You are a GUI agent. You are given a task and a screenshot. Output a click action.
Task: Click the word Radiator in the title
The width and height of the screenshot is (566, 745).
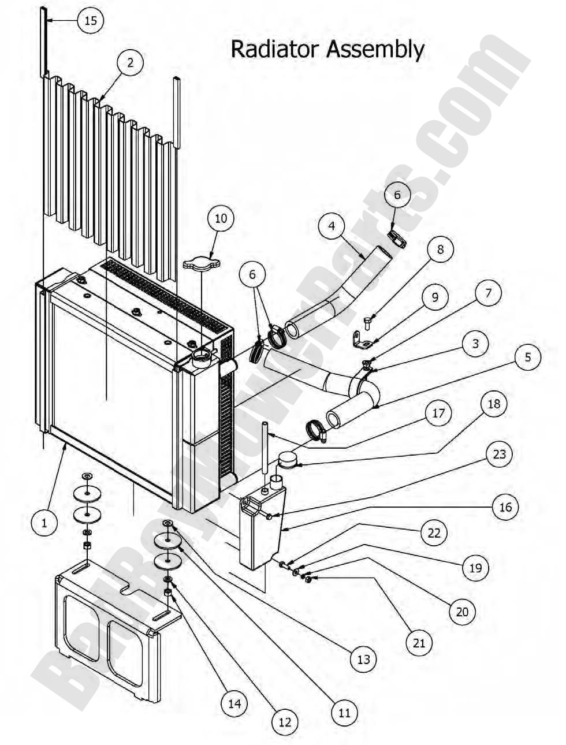coord(275,49)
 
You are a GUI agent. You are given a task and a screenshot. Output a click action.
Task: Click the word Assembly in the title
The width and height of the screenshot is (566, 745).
coord(375,50)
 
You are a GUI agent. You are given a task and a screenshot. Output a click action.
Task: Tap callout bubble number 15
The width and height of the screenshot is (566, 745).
coord(90,21)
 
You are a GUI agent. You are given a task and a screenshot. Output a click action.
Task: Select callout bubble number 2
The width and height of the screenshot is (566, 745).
coord(131,62)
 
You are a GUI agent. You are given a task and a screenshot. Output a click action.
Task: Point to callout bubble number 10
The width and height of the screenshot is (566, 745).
coord(221,219)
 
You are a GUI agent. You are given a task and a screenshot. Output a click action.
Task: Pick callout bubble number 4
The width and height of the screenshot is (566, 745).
coord(332,226)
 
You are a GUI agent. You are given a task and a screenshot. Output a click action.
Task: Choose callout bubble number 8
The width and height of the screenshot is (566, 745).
coord(440,249)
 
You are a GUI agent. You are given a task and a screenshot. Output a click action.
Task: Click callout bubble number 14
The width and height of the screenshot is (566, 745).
coord(234,703)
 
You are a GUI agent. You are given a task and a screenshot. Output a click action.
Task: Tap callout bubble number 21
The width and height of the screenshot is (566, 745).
coord(419,642)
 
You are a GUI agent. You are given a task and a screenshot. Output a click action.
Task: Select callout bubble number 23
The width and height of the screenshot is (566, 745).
coord(499,454)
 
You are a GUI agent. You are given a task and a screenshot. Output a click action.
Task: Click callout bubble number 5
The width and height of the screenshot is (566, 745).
coord(527,357)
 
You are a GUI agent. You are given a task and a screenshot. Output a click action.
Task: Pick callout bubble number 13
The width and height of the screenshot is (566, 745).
coord(363,659)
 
